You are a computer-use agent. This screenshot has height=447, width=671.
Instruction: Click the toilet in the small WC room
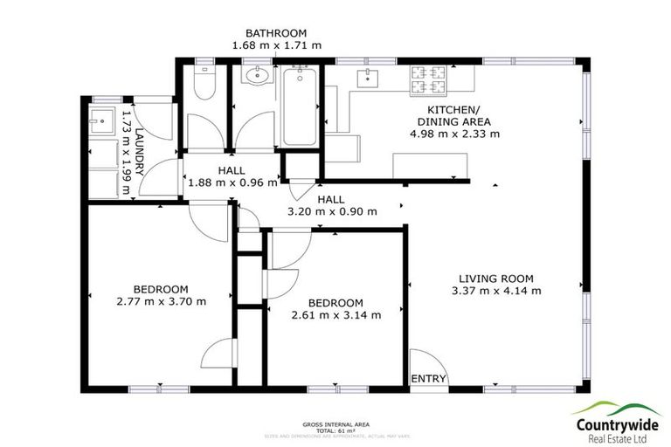pyautogui.click(x=203, y=82)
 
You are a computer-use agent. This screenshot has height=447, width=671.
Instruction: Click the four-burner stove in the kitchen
pyautogui.click(x=429, y=81)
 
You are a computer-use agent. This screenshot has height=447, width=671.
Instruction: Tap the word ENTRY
pyautogui.click(x=429, y=379)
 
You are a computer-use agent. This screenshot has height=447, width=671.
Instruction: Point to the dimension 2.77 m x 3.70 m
pyautogui.click(x=161, y=301)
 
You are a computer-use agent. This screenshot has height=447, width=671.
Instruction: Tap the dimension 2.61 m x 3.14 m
pyautogui.click(x=336, y=314)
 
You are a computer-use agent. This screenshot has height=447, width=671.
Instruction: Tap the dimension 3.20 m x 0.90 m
pyautogui.click(x=332, y=210)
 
